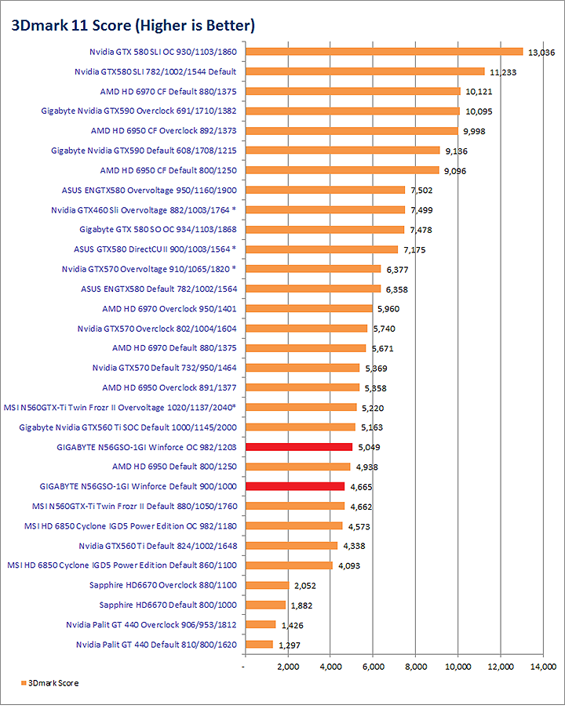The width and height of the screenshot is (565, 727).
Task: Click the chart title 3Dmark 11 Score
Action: [132, 26]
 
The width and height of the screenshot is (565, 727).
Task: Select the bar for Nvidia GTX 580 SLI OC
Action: [384, 52]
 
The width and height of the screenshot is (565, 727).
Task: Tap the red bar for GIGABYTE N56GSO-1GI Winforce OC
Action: [299, 447]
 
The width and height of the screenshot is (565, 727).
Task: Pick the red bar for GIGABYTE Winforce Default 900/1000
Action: [295, 486]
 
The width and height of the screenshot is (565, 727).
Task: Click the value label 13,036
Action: [542, 53]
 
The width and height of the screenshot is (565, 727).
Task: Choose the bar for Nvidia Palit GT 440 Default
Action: [259, 645]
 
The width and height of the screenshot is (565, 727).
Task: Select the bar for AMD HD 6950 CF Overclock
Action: [351, 131]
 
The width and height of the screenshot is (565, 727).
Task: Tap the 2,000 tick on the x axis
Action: [288, 667]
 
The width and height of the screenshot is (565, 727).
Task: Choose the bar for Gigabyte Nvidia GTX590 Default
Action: [342, 151]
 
